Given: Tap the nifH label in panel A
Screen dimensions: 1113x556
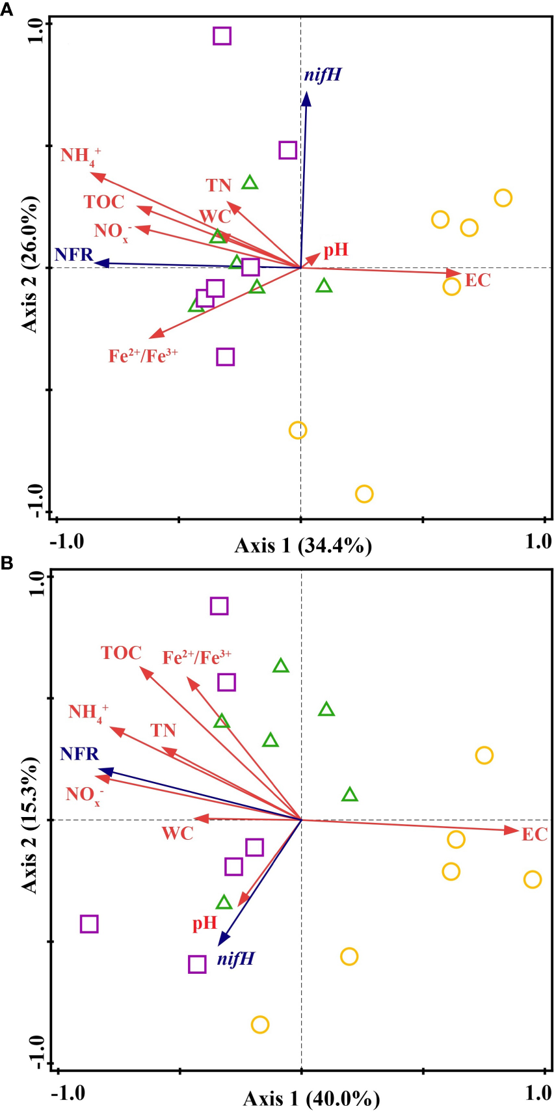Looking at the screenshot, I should (323, 75).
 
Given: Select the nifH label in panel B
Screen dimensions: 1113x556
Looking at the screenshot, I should (235, 959).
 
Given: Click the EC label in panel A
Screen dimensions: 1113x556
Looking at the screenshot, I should (477, 281).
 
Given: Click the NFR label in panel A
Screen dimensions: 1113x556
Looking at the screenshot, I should (74, 254).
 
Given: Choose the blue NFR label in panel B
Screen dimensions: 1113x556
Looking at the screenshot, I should (79, 754).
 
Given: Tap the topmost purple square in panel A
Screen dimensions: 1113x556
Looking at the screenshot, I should (222, 36).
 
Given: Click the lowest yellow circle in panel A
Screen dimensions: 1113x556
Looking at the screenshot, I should (364, 494).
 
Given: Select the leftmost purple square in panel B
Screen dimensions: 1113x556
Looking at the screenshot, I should (89, 924).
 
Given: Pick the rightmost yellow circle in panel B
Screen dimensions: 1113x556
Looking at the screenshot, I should (532, 879).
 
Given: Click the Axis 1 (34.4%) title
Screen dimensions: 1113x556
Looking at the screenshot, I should (303, 546).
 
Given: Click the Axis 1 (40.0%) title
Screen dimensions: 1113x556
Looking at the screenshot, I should (311, 1099).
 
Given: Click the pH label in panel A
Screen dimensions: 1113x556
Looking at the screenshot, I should (336, 250).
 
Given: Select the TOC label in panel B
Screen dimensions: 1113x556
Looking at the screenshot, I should (121, 653).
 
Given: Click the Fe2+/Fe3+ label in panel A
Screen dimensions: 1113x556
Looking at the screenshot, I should (143, 356).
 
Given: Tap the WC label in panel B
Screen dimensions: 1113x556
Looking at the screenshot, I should (178, 833).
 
